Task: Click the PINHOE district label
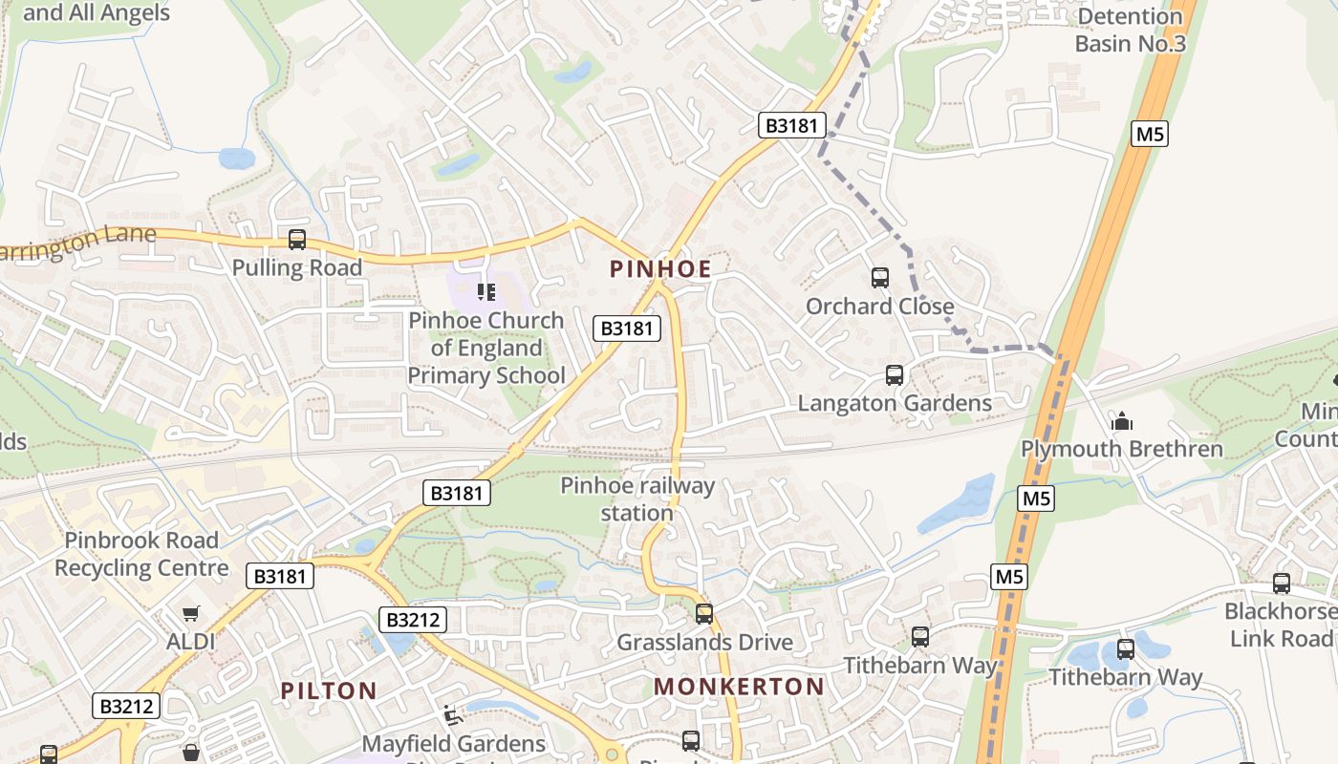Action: point(660,269)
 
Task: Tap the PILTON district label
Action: point(328,690)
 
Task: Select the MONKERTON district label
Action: point(739,686)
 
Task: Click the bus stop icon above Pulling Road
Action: point(297,240)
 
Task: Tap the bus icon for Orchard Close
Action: point(879,278)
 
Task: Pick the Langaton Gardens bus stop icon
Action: point(895,375)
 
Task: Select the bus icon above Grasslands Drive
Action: point(704,614)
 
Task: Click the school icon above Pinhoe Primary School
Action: point(486,291)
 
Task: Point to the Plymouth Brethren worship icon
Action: point(1121,421)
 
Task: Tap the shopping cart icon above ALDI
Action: point(191,614)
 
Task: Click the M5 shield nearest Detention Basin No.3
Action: point(1150,134)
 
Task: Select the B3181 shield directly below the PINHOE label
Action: point(627,329)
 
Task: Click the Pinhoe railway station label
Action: point(637,499)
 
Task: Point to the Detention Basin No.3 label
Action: point(1130,30)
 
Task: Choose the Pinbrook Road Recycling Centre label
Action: point(141,554)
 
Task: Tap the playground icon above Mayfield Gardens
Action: point(453,715)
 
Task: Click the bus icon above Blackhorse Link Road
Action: point(1281,584)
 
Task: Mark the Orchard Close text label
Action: point(879,307)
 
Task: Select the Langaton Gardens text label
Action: point(895,403)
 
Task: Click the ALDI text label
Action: point(191,642)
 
